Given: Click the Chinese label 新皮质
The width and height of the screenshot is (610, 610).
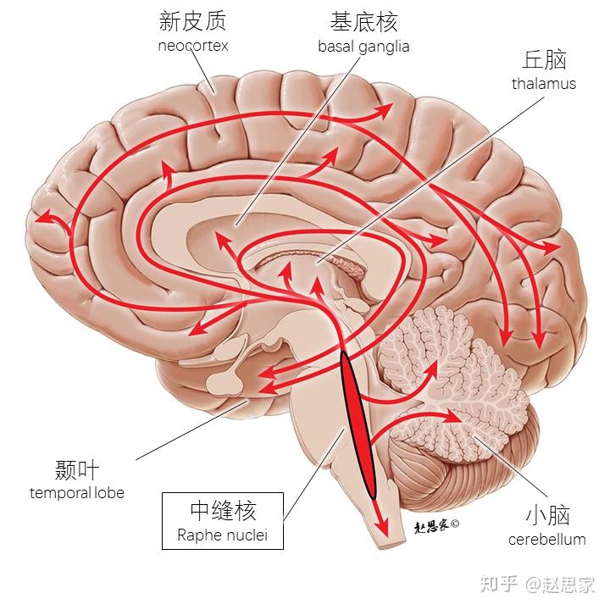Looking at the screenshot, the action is [x=193, y=21].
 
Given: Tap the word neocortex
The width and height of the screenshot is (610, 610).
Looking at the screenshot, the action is [x=193, y=45].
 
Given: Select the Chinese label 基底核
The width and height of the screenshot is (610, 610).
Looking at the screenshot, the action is [x=364, y=21].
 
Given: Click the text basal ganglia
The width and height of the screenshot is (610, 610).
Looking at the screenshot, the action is [x=363, y=46].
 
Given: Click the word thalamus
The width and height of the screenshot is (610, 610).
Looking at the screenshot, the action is [x=544, y=83].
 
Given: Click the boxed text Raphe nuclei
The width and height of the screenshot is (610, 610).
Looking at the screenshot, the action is [x=222, y=535].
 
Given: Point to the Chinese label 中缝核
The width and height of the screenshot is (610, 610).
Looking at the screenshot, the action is [x=222, y=510].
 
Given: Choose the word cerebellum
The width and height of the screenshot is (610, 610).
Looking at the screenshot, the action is [x=547, y=539].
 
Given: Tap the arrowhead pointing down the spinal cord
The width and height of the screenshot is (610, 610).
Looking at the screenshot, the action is [x=383, y=527].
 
